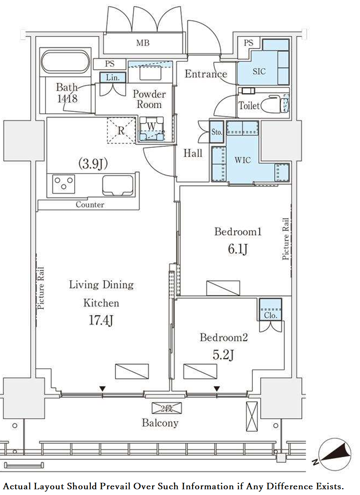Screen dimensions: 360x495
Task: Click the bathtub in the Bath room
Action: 66,62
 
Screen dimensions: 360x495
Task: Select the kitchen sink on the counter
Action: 118,185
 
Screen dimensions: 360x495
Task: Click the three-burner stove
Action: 64,184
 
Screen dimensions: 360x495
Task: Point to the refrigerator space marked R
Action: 121,131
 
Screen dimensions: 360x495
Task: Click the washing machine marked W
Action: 151,129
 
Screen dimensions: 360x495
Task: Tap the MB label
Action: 143,43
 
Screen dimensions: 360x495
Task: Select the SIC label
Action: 259,71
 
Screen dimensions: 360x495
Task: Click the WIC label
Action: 243,160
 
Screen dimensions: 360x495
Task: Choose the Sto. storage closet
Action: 217,132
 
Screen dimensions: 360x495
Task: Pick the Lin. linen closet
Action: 112,77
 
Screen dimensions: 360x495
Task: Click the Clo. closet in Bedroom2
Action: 270,309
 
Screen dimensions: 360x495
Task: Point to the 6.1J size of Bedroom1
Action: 238,249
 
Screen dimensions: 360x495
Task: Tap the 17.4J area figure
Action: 101,320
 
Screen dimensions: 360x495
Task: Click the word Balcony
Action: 160,423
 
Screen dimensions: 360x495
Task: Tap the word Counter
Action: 90,205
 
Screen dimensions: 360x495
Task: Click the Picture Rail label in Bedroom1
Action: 286,239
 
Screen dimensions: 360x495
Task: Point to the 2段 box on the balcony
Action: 167,408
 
